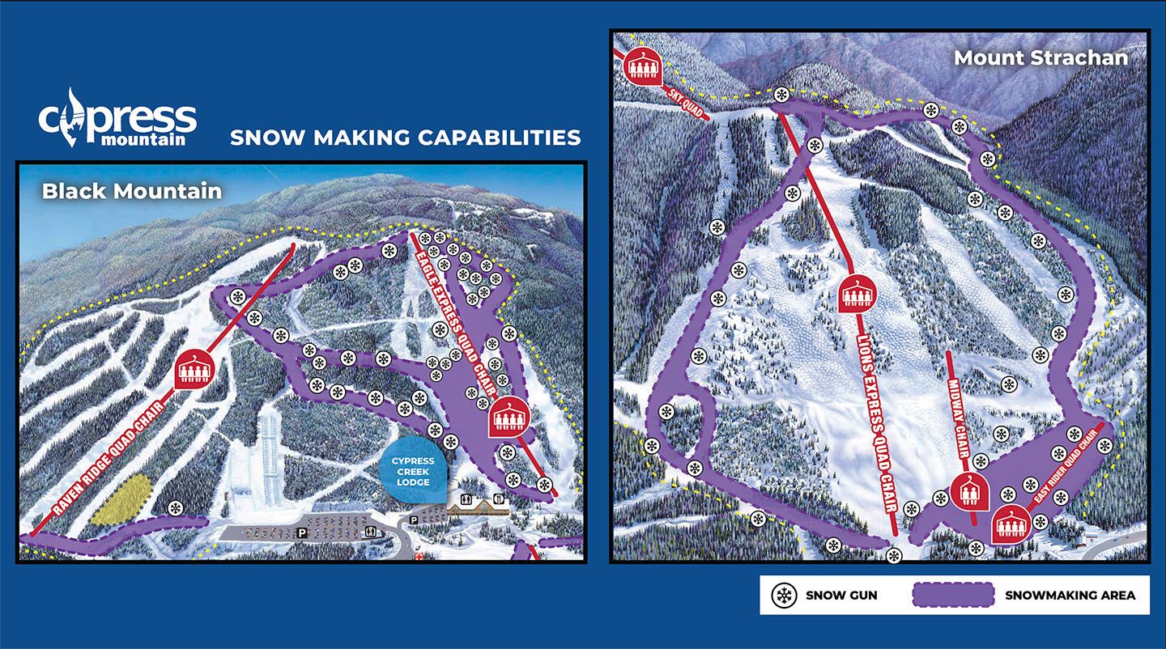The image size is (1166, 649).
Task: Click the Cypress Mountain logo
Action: coord(117,118)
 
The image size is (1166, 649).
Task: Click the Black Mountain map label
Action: coord(131,191)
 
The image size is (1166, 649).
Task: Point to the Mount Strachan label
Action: coord(1040,57)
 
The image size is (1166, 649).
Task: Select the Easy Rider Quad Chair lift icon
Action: coord(1010,527)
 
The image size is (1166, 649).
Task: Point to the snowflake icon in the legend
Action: coord(783,596)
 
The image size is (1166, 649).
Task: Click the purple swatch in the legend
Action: coord(952,595)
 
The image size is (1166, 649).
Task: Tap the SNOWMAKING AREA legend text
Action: coord(1070,596)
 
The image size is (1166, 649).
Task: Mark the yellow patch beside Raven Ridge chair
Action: coord(121,499)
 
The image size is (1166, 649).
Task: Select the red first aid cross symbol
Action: coord(418,558)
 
